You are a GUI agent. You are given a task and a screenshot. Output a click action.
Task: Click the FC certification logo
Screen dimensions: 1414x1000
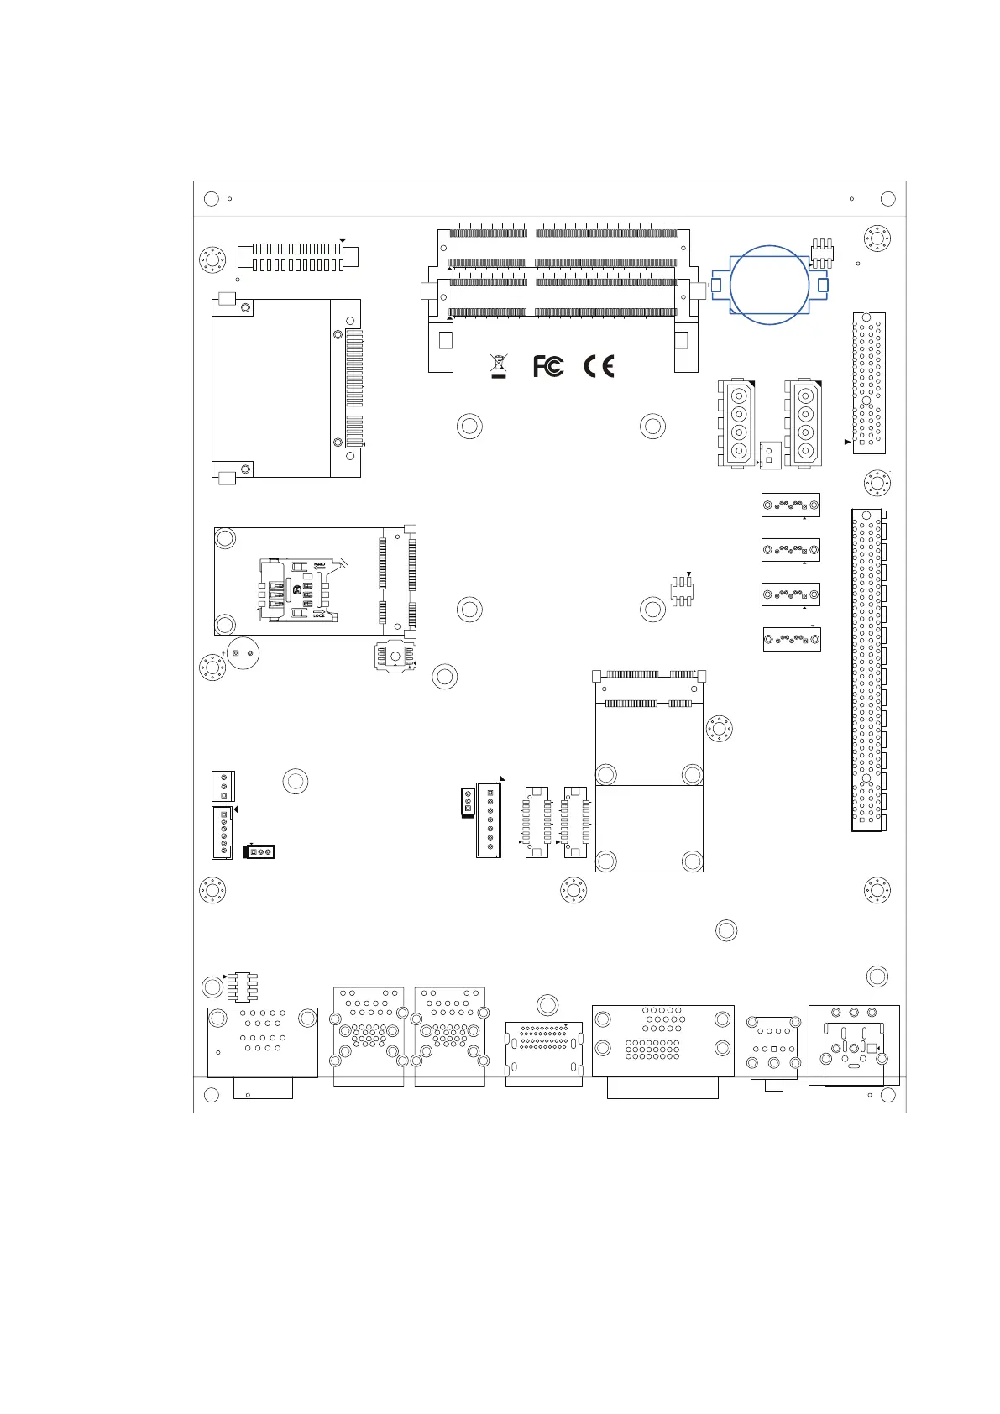tap(548, 367)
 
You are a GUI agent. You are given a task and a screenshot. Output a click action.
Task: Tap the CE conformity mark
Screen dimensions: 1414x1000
tap(599, 367)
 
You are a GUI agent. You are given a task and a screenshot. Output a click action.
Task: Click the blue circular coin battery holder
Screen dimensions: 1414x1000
tap(769, 285)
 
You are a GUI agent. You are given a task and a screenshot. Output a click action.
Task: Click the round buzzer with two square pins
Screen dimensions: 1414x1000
tap(243, 652)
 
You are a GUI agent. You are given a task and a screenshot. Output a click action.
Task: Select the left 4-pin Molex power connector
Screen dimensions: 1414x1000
tap(736, 423)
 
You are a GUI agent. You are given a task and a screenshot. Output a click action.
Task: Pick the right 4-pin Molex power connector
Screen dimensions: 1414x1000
tap(804, 423)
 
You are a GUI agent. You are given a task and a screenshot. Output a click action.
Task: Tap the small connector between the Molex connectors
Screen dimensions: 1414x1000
tap(770, 455)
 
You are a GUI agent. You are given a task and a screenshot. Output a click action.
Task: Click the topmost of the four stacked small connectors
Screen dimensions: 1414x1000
tap(790, 505)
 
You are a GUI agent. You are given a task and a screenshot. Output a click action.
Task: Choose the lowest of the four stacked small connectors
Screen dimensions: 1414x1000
tap(791, 639)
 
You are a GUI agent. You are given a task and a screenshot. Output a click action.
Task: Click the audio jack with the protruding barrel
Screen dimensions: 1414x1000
tap(774, 1052)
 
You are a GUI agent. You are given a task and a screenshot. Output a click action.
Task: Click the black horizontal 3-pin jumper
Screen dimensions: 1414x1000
tap(259, 851)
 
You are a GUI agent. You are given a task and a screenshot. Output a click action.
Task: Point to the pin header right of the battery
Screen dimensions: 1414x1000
tap(822, 254)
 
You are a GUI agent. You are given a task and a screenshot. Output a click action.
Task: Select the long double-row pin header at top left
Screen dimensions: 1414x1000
tap(298, 257)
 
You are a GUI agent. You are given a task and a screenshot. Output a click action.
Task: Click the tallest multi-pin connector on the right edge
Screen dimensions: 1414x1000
tap(868, 669)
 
